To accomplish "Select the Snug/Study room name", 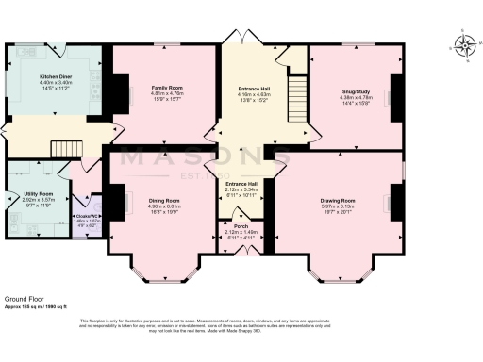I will click(x=355, y=90).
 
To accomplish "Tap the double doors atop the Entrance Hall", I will click(x=241, y=36).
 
